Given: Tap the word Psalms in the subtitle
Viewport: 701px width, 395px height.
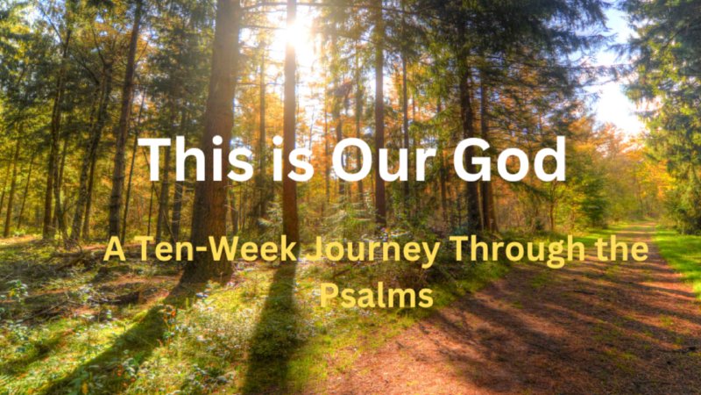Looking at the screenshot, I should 377,296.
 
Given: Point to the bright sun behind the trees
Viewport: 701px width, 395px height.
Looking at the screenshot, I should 295,35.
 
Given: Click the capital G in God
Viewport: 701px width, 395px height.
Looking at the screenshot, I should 473,161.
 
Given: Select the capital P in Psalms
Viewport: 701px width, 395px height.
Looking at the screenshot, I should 329,295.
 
